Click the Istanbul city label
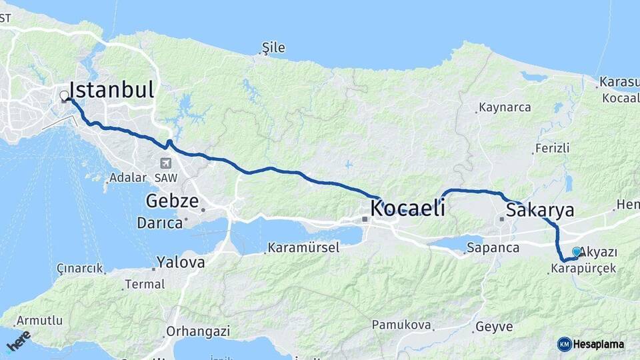pyautogui.click(x=111, y=90)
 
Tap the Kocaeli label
pyautogui.click(x=407, y=208)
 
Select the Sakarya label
pyautogui.click(x=540, y=211)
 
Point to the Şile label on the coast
pyautogui.click(x=273, y=47)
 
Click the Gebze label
pyautogui.click(x=172, y=201)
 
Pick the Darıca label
pyautogui.click(x=160, y=223)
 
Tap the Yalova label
pyautogui.click(x=180, y=262)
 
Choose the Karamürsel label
pyautogui.click(x=303, y=248)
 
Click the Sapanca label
pyautogui.click(x=493, y=248)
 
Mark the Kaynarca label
pyautogui.click(x=505, y=107)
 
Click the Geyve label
pyautogui.click(x=493, y=327)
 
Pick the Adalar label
pyautogui.click(x=127, y=177)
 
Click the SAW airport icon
pyautogui.click(x=165, y=163)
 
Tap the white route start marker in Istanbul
pyautogui.click(x=65, y=96)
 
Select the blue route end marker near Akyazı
pyautogui.click(x=577, y=252)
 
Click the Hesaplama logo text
pyautogui.click(x=599, y=345)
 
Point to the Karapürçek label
pyautogui.click(x=584, y=269)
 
